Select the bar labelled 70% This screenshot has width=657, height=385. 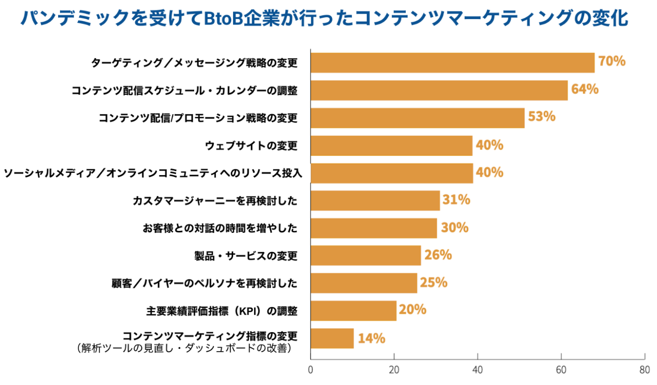[x=452, y=63]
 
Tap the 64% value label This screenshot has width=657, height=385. [x=585, y=89]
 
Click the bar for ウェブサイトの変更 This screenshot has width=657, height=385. [x=391, y=146]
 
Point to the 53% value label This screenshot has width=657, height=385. [x=541, y=117]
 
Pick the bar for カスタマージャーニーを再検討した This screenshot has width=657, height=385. [x=375, y=200]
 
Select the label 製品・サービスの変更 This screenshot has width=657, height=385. [x=245, y=256]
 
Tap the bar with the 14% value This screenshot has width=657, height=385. [x=332, y=338]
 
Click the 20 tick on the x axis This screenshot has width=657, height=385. [x=394, y=370]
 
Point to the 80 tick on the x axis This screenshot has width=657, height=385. [x=645, y=370]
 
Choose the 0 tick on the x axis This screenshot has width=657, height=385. [x=311, y=370]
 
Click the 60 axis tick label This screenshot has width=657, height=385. [x=561, y=370]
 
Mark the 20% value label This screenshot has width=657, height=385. [x=412, y=310]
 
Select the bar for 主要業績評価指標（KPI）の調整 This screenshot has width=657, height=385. [x=353, y=311]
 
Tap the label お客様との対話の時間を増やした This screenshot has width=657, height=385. [x=220, y=228]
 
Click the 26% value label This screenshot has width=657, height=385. [x=438, y=255]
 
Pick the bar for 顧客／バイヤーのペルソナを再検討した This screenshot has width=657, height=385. [x=364, y=283]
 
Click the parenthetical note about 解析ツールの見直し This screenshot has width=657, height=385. [x=183, y=348]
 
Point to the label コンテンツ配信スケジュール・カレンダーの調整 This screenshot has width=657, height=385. [x=185, y=90]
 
